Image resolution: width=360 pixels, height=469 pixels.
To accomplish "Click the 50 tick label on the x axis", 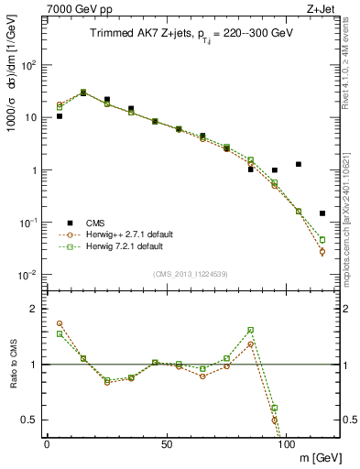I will coord(166,444).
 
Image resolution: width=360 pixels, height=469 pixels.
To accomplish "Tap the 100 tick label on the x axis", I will coord(286,444).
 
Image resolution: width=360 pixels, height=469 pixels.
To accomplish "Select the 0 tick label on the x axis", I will coord(47,444).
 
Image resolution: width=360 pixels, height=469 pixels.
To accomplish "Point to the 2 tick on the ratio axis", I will coord(33,309).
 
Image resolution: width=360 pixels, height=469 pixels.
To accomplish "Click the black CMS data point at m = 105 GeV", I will coord(299,164).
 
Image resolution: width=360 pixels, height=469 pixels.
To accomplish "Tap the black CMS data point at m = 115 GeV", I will coord(322,213).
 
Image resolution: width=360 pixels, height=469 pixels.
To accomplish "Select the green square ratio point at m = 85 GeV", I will coord(250,330).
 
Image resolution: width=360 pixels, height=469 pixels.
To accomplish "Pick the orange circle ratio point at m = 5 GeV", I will coord(60,323).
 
